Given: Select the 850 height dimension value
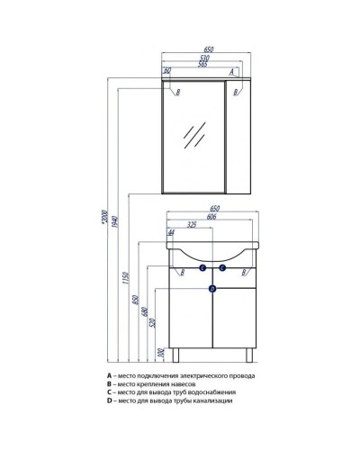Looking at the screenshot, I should (136, 302).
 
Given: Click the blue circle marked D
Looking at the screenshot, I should (211, 289).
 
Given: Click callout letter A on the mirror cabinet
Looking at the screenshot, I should (231, 71).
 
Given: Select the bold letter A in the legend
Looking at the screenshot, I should (109, 375).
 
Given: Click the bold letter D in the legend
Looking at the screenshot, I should (109, 400).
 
